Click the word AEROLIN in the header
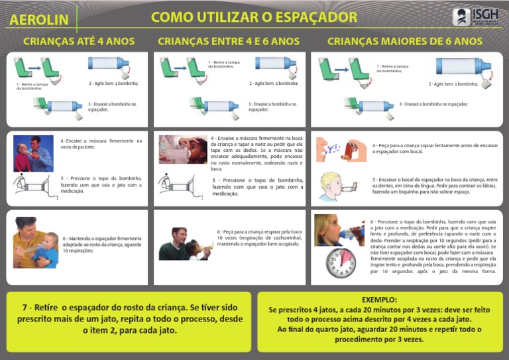pos(39,20)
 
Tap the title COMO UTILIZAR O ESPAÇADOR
pos(254,17)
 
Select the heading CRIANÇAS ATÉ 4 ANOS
pos(79,41)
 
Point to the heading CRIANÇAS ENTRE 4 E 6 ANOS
pos(229,41)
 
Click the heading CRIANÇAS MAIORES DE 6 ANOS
pos(405,41)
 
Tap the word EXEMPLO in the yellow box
pos(380,300)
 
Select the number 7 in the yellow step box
pos(25,308)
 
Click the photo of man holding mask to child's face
pos(33,153)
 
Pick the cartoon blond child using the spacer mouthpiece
pos(337,186)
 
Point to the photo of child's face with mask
pos(182,149)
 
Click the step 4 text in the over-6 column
pos(434,149)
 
